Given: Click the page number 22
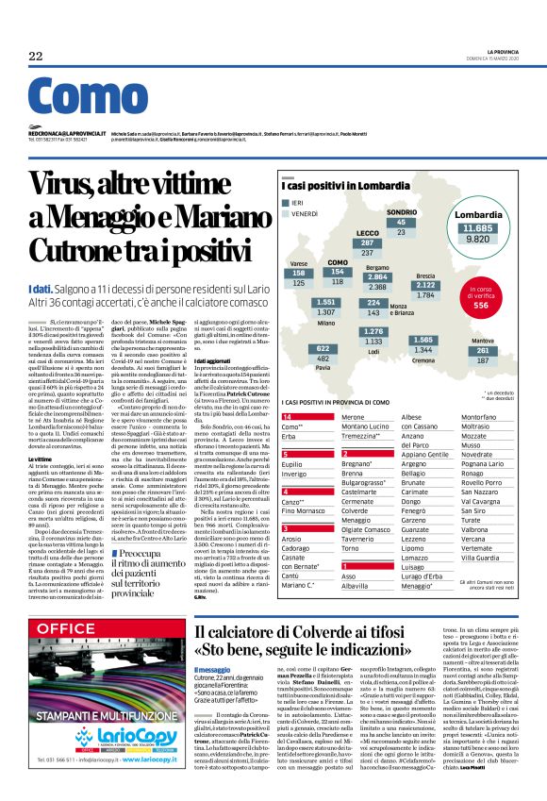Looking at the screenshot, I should click(x=36, y=57).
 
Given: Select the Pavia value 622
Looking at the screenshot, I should click(x=323, y=358).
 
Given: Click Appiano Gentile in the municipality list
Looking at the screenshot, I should click(x=424, y=454).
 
